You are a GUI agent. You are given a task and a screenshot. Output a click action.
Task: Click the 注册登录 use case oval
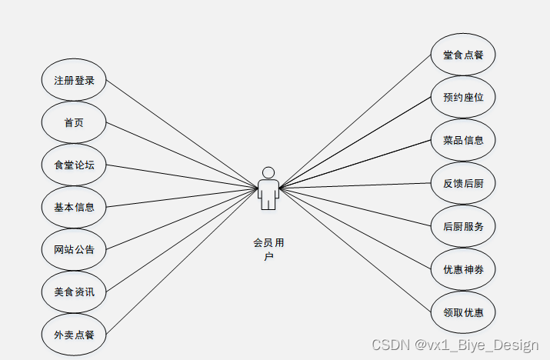(73, 80)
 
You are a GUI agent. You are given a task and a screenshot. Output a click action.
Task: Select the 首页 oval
(73, 122)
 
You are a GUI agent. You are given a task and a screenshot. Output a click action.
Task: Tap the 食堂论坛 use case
(73, 165)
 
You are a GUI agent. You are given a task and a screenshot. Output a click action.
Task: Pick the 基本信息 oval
(73, 206)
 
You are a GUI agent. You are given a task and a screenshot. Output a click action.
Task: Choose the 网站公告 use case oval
(73, 248)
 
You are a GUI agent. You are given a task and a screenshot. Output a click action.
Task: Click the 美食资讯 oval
(73, 291)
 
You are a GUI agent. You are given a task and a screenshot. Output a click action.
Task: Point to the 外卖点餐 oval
(73, 334)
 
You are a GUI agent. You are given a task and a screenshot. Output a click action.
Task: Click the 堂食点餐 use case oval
(463, 55)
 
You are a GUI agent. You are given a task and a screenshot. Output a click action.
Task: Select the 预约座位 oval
(463, 98)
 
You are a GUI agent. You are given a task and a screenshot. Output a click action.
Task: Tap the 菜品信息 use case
(463, 140)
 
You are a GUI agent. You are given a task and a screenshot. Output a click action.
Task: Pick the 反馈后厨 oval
(463, 184)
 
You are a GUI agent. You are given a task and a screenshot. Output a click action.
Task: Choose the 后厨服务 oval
(463, 226)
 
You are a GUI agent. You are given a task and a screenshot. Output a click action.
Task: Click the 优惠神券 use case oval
(463, 270)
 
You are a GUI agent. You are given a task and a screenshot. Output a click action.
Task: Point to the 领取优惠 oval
(463, 313)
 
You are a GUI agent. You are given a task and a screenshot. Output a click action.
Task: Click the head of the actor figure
(268, 172)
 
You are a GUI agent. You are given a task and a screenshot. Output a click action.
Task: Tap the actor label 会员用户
(268, 248)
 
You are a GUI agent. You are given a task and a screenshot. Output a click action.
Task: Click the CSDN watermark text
(455, 345)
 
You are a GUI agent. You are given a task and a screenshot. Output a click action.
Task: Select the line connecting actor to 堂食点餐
(354, 122)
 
